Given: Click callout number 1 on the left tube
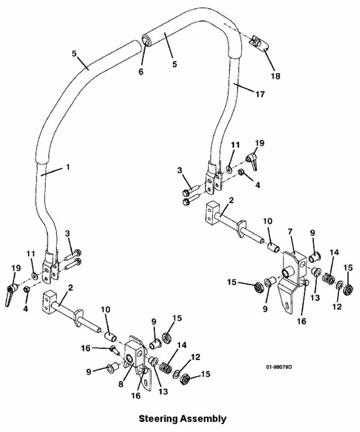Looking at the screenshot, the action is pos(68,167).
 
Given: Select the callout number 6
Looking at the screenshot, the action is pos(141,72).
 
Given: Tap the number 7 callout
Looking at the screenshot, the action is pos(290,232).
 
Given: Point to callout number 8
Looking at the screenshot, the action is pos(121,384).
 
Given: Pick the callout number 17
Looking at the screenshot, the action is pos(260,94).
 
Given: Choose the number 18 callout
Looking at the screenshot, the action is pos(276,76).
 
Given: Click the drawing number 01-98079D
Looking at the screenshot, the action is pos(279,367).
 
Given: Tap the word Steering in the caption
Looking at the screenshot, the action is pos(158,418).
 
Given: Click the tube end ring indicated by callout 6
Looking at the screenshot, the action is pos(146,39).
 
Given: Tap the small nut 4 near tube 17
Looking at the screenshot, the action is pos(241,172).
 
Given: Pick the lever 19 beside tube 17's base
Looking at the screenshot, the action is pos(253,162).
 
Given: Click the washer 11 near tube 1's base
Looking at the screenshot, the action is pos(35,275).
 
